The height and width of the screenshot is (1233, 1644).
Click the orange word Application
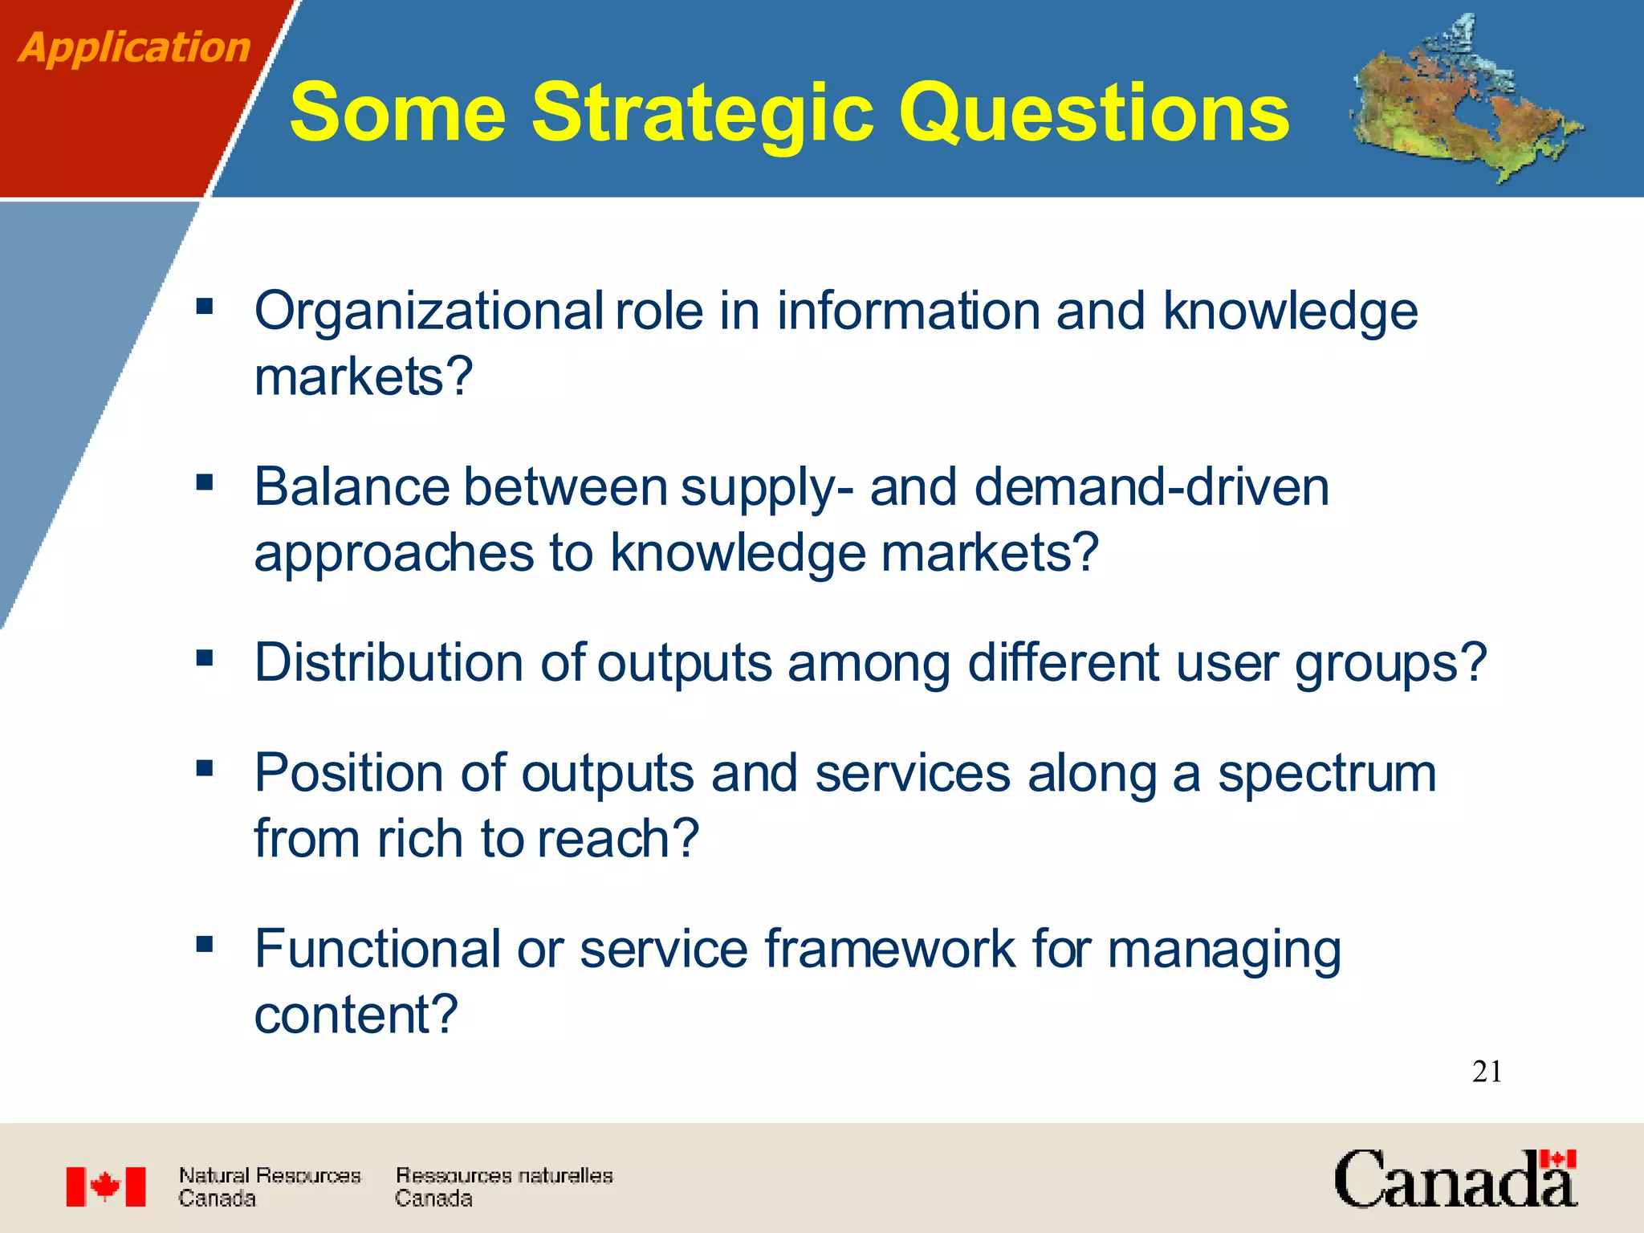point(135,47)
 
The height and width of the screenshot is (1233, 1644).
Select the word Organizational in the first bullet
point(429,311)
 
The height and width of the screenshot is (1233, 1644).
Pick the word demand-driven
point(1151,487)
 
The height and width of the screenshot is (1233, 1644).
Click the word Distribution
point(389,663)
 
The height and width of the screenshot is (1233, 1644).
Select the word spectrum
point(1326,775)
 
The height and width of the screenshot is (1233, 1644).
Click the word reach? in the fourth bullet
point(617,839)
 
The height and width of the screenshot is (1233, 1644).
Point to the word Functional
point(377,949)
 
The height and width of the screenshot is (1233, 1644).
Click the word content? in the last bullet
point(356,1015)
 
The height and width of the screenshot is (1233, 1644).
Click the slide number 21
point(1487,1072)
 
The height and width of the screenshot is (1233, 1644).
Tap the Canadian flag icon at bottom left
point(106,1186)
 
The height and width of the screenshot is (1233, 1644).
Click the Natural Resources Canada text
point(269,1186)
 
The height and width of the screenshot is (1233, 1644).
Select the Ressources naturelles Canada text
point(503,1186)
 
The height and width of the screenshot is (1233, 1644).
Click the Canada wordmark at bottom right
point(1455,1179)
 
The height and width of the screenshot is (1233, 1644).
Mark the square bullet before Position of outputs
point(205,768)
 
